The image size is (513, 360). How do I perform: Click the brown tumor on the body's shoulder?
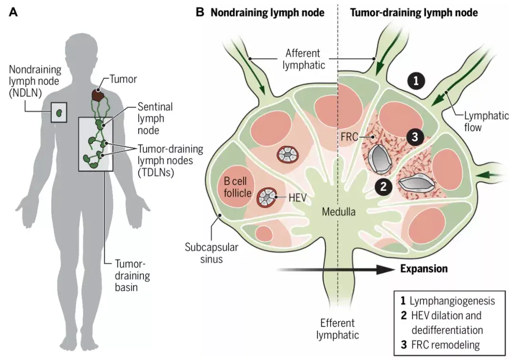98,95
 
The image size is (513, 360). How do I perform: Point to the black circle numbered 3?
414,137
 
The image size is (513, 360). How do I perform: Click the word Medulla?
339,212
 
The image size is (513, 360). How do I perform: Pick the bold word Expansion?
424,269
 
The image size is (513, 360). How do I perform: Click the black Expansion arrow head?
387,269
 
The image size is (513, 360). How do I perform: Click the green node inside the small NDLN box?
59,113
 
